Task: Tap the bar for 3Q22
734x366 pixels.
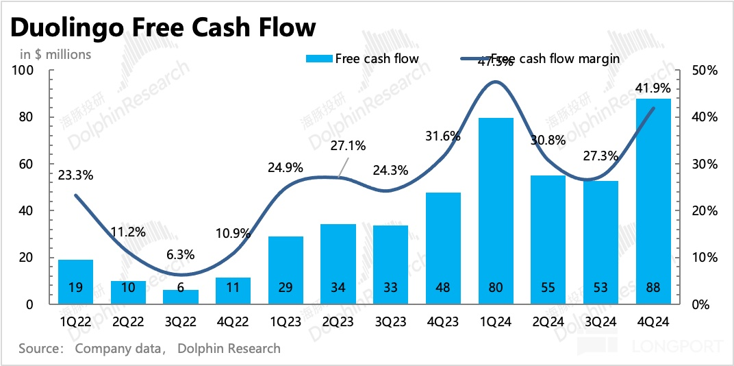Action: pos(180,297)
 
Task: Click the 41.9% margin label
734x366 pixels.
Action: pos(653,88)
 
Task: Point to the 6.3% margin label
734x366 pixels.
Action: pos(181,254)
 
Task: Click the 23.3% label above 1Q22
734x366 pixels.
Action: pos(76,175)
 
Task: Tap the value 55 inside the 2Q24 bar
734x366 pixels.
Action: pos(548,288)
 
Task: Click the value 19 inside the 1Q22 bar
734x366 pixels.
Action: pos(76,288)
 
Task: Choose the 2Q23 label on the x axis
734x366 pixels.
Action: pos(338,322)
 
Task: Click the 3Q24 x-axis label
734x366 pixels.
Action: pos(600,322)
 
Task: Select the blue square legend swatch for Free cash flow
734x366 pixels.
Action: pos(318,59)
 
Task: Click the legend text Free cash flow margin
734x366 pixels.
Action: pos(555,59)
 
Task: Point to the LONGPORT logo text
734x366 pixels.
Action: pos(678,347)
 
